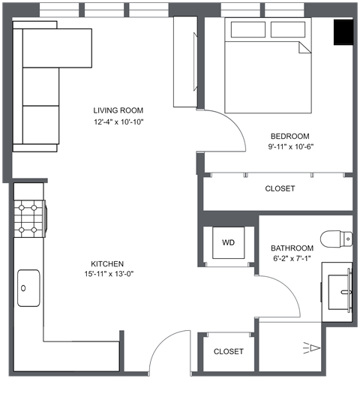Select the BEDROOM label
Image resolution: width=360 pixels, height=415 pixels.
tap(290, 136)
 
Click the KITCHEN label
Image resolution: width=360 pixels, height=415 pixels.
tap(107, 263)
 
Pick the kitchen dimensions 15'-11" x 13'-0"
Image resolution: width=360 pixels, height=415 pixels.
tap(107, 274)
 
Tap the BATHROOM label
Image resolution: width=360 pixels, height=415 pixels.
tap(292, 248)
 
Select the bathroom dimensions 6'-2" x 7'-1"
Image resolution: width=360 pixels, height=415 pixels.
tap(292, 259)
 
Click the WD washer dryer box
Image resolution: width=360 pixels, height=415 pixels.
tap(229, 242)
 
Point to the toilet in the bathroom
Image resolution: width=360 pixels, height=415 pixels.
tap(336, 239)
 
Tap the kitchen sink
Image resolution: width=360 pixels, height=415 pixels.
tap(29, 287)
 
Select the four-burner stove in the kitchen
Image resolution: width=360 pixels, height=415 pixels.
tap(29, 218)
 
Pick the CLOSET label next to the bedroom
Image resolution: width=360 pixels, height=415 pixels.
tap(280, 189)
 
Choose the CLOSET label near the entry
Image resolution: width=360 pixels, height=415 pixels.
tap(228, 351)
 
